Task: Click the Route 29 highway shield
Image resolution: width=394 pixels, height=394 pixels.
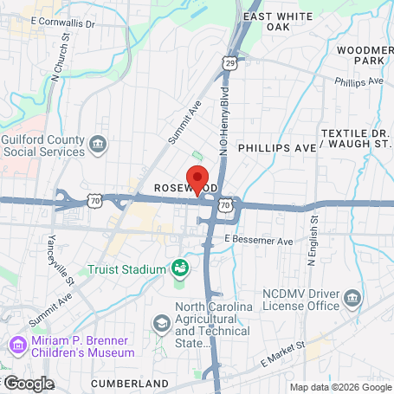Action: pyautogui.click(x=229, y=63)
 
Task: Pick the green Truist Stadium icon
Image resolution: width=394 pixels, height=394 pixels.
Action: pyautogui.click(x=181, y=268)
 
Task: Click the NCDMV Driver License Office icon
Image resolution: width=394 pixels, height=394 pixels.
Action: pyautogui.click(x=352, y=300)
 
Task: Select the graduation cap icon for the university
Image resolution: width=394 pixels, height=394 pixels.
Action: pyautogui.click(x=161, y=323)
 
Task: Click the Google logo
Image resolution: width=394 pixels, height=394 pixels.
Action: pyautogui.click(x=28, y=383)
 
